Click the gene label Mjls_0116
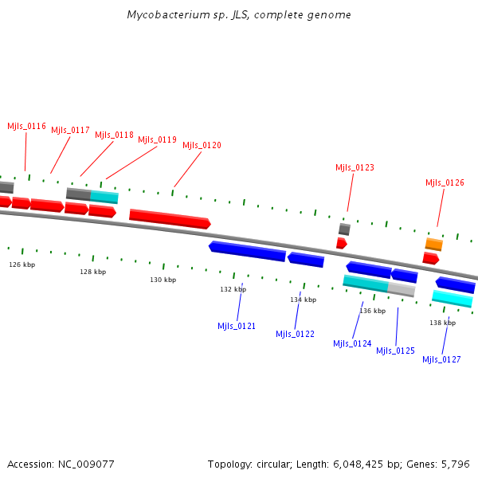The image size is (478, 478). pos(26,126)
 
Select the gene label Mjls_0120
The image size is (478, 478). pos(202,145)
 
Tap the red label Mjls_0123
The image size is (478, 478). pos(355,167)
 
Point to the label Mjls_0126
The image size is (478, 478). pos(445,182)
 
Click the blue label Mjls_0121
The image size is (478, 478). pos(237,326)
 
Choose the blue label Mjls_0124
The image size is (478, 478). pos(352,343)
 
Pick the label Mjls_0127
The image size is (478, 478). pos(441,359)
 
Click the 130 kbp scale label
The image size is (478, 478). pos(163,280)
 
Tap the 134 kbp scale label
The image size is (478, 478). pos(303,300)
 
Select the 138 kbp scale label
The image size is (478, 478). pos(442,323)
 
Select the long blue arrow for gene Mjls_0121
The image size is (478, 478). pos(247,251)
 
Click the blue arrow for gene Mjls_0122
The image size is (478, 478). pos(306,260)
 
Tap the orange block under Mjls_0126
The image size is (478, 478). pos(433,244)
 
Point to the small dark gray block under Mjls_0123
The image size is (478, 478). pos(344,229)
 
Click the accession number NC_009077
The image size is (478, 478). pos(86,464)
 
